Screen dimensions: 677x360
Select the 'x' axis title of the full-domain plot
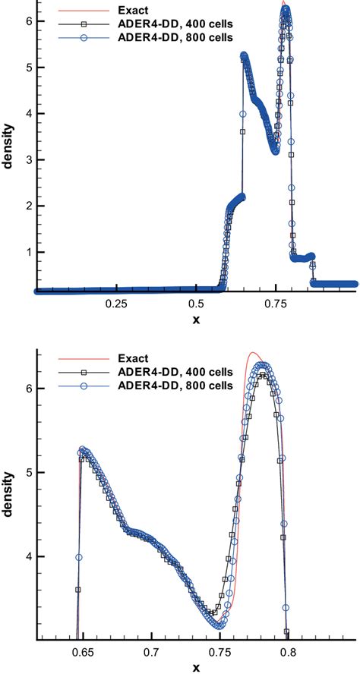pyautogui.click(x=196, y=320)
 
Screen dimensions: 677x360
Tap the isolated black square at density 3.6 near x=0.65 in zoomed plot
pyautogui.click(x=77, y=589)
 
